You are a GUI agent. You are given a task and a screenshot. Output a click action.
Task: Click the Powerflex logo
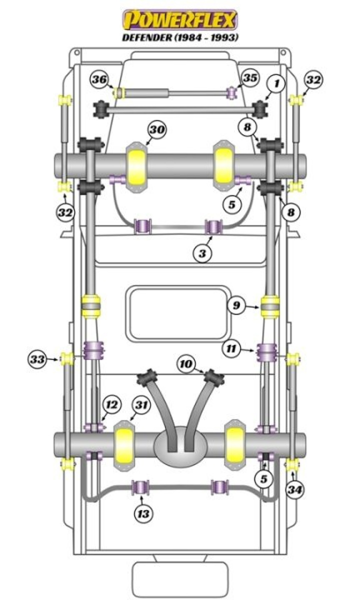click(180, 20)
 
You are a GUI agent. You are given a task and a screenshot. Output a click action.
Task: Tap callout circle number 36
click(99, 79)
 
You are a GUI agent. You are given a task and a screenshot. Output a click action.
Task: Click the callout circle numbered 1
click(274, 84)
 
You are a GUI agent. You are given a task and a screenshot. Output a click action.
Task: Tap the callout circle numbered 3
click(202, 253)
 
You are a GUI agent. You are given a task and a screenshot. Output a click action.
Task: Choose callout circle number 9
click(236, 304)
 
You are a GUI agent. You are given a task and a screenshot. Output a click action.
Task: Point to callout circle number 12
click(112, 405)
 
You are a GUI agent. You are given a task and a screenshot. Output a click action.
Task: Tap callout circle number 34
click(294, 489)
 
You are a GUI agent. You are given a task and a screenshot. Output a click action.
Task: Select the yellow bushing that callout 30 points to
click(136, 165)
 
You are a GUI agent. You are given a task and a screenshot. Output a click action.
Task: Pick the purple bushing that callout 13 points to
click(140, 486)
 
